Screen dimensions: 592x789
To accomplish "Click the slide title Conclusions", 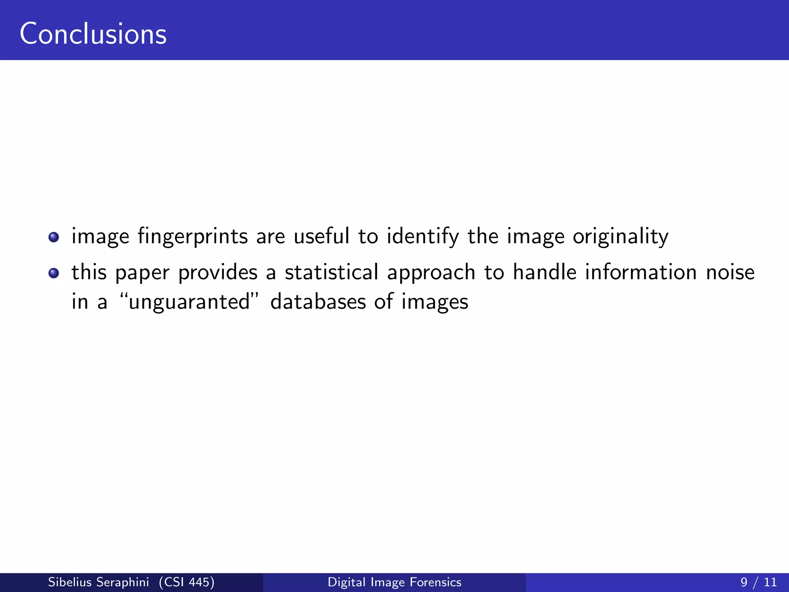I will [x=93, y=34].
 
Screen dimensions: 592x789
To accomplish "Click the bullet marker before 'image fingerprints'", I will [x=54, y=237].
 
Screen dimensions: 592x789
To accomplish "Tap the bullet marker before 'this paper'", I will [x=54, y=273].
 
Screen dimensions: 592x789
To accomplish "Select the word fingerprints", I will [x=193, y=237].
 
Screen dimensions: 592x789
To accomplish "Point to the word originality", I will [x=620, y=237].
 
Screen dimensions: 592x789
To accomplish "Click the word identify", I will [x=423, y=237].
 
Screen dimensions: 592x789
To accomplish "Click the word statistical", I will [x=331, y=272].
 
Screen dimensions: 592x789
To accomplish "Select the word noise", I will [x=730, y=272].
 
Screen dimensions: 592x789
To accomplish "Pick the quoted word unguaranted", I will [x=189, y=302].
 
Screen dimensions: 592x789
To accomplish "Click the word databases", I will [x=318, y=301].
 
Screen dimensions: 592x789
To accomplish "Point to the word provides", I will [x=218, y=273].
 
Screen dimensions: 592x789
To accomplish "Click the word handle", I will [x=544, y=272].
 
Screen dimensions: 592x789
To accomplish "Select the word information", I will [x=641, y=272].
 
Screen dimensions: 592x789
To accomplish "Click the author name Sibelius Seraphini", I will [x=98, y=582].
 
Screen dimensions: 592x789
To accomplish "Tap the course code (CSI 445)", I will [x=186, y=582].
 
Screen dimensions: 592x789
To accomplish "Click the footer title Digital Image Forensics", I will [x=394, y=582].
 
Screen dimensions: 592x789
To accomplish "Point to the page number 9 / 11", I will [x=758, y=582].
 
